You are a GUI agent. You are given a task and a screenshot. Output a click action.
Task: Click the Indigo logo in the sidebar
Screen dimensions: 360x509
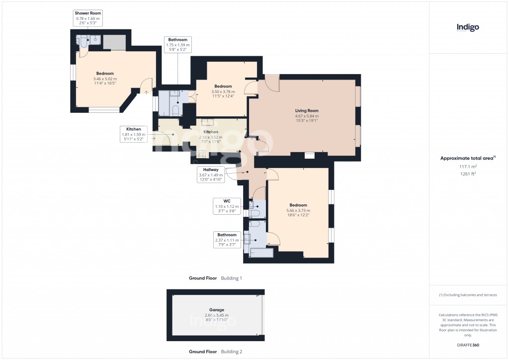[468, 28]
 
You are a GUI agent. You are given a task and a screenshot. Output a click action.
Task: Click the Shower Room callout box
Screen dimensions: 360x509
[88, 18]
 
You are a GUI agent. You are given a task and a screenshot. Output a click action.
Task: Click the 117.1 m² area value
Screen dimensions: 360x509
[468, 167]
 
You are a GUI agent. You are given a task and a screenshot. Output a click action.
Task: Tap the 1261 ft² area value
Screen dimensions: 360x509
[468, 174]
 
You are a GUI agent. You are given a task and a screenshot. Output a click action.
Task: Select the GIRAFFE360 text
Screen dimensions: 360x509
[468, 345]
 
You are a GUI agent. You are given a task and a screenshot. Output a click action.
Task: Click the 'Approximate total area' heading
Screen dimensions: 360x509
[468, 158]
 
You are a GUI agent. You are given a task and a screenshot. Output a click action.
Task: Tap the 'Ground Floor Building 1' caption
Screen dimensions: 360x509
[215, 278]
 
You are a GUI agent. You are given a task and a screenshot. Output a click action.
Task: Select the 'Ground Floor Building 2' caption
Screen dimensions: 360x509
[215, 352]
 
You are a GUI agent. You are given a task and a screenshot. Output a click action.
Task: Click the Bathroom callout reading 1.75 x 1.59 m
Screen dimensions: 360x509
[177, 45]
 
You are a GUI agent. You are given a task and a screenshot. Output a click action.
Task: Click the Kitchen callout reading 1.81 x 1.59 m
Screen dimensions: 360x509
[134, 134]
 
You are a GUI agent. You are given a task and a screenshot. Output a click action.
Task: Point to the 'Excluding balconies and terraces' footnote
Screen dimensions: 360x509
[468, 295]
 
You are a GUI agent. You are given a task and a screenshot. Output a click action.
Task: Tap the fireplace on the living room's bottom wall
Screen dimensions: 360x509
[310, 155]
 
